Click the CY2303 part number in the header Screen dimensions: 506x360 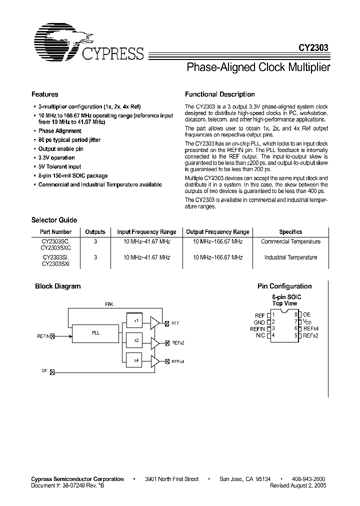[x=314, y=49]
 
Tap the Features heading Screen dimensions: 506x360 [x=45, y=94]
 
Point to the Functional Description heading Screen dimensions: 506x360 [x=220, y=94]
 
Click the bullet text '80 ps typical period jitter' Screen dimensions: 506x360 [x=69, y=140]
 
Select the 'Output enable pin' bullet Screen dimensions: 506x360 [x=61, y=149]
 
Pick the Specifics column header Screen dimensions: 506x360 [x=290, y=232]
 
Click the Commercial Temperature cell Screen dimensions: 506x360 [x=290, y=241]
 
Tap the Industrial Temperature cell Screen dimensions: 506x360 [x=290, y=257]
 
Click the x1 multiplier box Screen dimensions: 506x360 [x=136, y=320]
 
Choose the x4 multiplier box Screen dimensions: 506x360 [x=136, y=359]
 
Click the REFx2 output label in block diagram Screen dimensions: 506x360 [x=178, y=343]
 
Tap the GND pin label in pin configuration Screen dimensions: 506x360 [x=259, y=322]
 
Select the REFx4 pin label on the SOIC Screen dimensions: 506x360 [x=311, y=328]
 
